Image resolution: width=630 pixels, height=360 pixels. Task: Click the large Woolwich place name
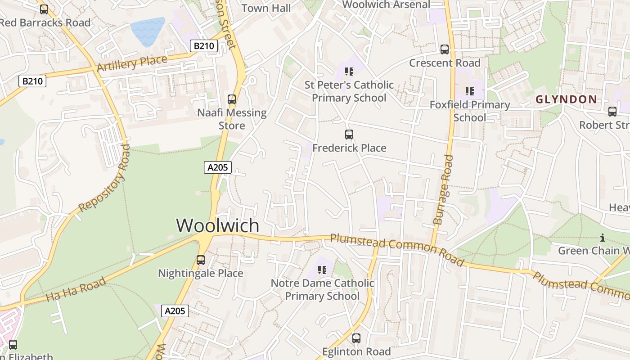point(218,225)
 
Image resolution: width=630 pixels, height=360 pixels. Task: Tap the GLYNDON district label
point(566,99)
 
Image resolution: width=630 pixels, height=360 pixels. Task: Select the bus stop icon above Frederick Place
point(349,134)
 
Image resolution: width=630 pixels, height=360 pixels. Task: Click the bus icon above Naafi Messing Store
point(232,99)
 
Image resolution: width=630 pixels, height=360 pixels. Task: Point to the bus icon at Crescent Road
point(445,49)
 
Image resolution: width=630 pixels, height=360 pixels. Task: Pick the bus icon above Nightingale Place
point(201,260)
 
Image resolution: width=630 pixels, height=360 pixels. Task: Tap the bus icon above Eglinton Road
point(356,338)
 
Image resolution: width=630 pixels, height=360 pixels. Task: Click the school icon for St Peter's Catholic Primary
point(349,72)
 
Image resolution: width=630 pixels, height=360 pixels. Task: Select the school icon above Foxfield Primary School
point(470,92)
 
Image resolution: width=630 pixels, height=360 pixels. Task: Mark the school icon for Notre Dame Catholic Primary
point(322,270)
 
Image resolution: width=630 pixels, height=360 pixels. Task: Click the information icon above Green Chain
point(603,238)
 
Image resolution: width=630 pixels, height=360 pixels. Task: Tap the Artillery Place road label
point(132,63)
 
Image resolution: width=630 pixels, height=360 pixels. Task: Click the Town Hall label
point(266,8)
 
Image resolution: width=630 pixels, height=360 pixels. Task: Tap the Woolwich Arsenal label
point(386,4)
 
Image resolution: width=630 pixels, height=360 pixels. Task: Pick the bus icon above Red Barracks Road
point(44,9)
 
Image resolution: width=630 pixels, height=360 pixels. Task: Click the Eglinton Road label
point(356,351)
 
